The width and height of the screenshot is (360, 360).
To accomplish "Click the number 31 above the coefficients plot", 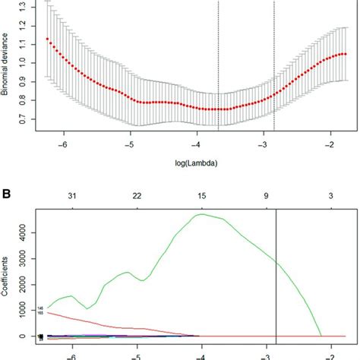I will pos(71,196).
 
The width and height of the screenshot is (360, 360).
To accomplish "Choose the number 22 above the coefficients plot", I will pos(136,196).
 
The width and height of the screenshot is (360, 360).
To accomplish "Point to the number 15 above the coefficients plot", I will pos(201,196).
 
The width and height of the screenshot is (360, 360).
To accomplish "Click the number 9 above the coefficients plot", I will pos(267,196).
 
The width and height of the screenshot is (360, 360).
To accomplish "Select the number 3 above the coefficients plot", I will pos(332,196).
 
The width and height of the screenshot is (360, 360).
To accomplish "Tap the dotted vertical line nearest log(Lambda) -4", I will pos(218,68).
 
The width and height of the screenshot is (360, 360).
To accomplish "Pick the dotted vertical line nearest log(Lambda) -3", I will pos(274,68).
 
